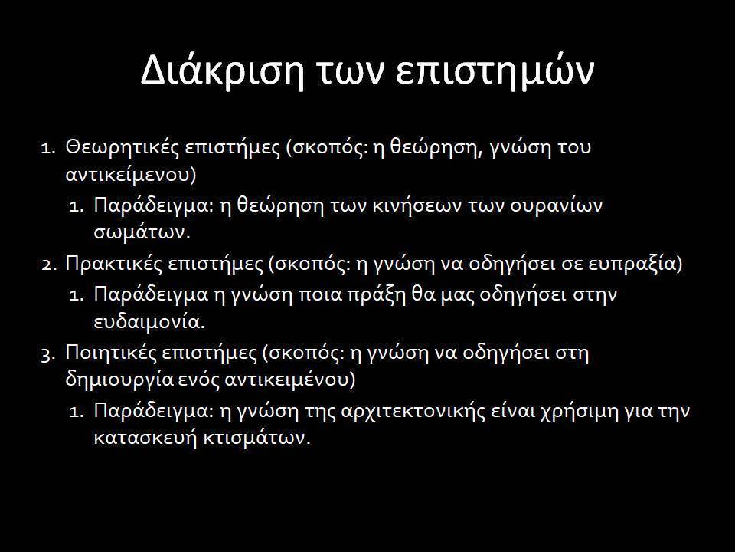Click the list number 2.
[48, 265]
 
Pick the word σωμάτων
[142, 233]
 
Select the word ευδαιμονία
[149, 323]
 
